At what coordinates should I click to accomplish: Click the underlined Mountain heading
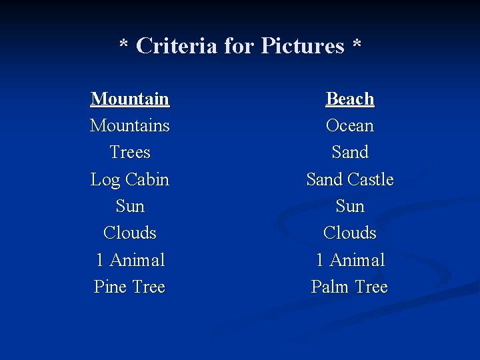point(130,99)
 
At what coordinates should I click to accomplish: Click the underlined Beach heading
point(350,99)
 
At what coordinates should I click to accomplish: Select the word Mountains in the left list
point(130,126)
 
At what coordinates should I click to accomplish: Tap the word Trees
point(130,153)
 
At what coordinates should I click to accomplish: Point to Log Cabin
point(130,180)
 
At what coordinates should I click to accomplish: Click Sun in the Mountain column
point(130,207)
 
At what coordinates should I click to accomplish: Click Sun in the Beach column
point(350,207)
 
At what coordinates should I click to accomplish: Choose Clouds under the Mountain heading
point(130,233)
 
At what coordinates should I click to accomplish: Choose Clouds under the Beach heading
point(350,233)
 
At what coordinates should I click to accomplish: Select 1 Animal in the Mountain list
point(130,260)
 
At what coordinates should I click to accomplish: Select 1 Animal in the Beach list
point(350,260)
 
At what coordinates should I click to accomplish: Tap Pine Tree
point(130,287)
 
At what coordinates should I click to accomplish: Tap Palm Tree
point(350,287)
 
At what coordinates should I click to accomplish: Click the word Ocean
point(350,126)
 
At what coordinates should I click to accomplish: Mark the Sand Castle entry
point(350,180)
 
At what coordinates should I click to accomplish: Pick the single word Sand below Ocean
point(350,153)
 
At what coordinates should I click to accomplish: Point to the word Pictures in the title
point(303,46)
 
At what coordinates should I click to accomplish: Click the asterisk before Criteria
point(123,44)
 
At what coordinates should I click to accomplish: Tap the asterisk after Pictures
point(357,44)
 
